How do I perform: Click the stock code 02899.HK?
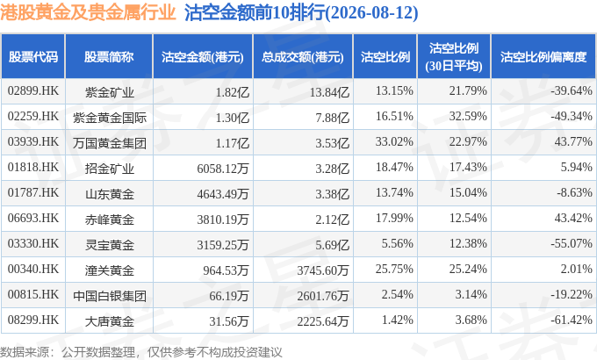click(x=33, y=90)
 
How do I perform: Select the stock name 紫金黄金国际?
click(x=110, y=118)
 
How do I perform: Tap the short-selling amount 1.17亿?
click(x=233, y=143)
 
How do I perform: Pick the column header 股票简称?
click(x=109, y=57)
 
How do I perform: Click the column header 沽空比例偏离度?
click(x=543, y=57)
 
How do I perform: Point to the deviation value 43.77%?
click(x=573, y=141)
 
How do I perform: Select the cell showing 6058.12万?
click(x=223, y=169)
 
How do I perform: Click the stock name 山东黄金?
click(x=110, y=194)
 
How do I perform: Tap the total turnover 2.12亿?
click(x=332, y=220)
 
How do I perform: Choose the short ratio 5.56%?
click(x=398, y=243)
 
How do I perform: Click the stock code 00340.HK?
click(x=33, y=269)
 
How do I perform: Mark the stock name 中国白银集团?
click(x=110, y=296)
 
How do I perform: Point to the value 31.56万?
click(x=229, y=321)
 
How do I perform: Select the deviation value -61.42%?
click(x=572, y=320)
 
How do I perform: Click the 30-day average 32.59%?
click(x=468, y=116)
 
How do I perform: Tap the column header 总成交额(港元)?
click(x=303, y=57)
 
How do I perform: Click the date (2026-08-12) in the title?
click(x=371, y=13)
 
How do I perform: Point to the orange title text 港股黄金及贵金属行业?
click(x=88, y=12)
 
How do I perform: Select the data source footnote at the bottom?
click(x=141, y=351)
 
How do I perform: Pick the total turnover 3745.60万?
click(x=323, y=270)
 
